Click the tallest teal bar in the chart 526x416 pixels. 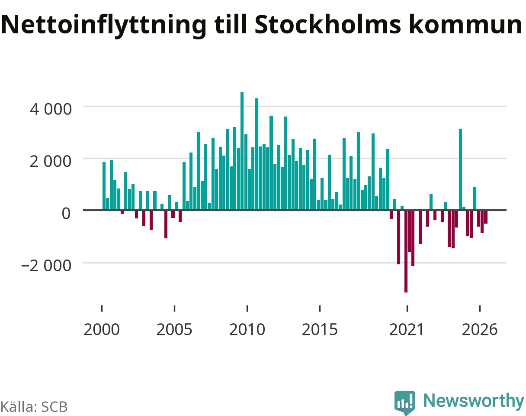tap(242, 151)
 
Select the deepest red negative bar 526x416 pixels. tap(406, 251)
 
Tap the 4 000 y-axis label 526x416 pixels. tap(51, 109)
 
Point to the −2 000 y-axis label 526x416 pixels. tap(46, 266)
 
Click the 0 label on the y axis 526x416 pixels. tap(66, 213)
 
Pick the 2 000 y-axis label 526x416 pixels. tap(51, 161)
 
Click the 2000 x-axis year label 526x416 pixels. tap(102, 330)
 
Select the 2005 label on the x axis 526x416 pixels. tap(174, 330)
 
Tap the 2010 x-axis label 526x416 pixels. tap(247, 330)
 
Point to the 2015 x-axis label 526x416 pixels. tap(320, 330)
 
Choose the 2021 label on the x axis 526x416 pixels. tap(407, 330)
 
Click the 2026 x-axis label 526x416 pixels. tap(480, 330)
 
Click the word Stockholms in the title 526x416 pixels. tap(328, 25)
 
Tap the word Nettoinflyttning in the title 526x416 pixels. tap(104, 26)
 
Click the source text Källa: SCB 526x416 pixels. tap(34, 407)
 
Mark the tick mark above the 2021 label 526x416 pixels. tap(407, 309)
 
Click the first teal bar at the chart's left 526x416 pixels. tap(104, 186)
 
